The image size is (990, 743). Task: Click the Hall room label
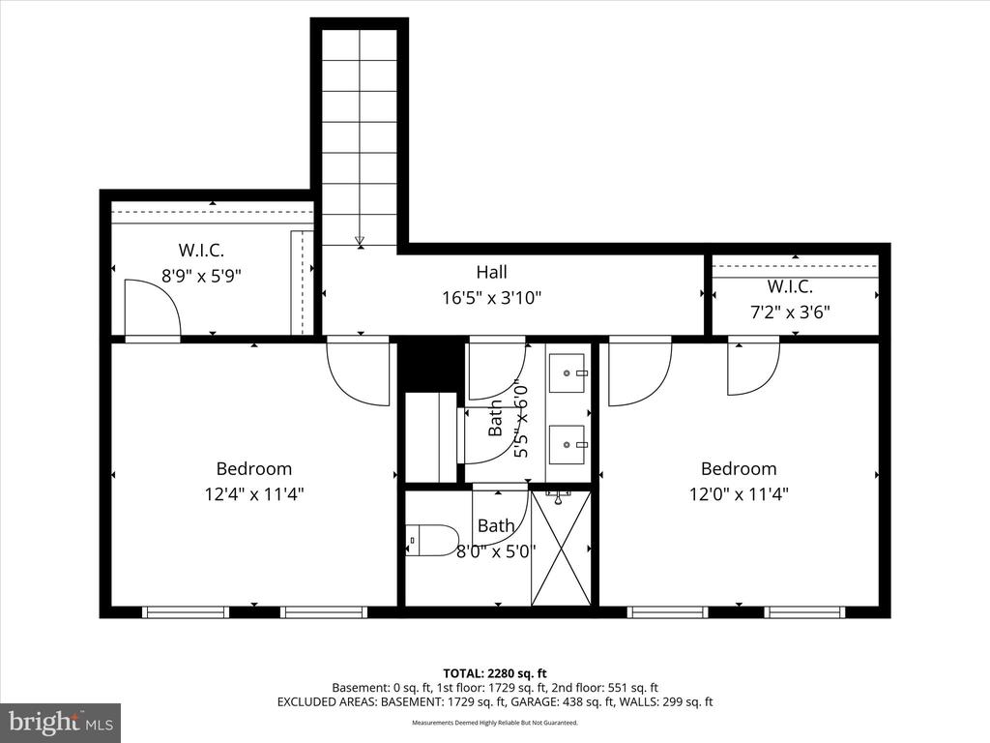[x=491, y=273]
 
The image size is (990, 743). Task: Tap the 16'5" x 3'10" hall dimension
[x=491, y=298]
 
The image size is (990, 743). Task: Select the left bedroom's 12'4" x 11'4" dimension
[x=253, y=493]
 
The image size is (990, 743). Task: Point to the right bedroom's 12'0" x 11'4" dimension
[x=739, y=493]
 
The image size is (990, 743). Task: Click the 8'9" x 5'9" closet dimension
[x=201, y=275]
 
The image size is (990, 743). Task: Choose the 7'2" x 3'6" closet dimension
[x=790, y=312]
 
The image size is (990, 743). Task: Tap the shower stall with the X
[x=561, y=548]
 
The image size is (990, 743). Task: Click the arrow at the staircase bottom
[x=360, y=241]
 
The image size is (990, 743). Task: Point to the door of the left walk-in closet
[x=153, y=308]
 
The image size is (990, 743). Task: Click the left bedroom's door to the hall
[x=358, y=372]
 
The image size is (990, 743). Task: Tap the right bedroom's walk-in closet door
[x=753, y=369]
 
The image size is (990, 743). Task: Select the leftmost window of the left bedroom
[x=185, y=611]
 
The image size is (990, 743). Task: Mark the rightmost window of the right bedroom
[x=804, y=611]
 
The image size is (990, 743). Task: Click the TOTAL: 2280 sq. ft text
[x=495, y=672]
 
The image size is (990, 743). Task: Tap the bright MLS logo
[x=60, y=722]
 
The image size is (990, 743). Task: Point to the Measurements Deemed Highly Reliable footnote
[x=495, y=723]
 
